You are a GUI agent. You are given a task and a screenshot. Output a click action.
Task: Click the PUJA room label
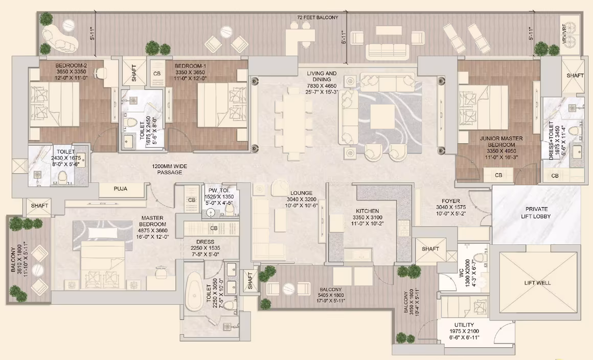[121, 189]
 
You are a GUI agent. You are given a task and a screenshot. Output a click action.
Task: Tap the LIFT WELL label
[537, 283]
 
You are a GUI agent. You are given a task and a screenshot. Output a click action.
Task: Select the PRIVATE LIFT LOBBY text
[536, 213]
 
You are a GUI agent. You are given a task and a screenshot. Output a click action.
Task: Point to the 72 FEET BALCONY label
[317, 17]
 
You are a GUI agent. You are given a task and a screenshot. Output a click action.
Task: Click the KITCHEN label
[367, 211]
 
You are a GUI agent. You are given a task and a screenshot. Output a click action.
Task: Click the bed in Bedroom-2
[55, 104]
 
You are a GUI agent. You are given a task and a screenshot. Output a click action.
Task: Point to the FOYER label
[451, 201]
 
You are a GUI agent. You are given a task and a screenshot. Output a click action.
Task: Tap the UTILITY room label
[464, 325]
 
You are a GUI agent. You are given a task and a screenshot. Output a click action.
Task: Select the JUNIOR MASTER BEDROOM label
[501, 142]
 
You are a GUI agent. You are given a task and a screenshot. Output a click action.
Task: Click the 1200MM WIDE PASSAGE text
[169, 169]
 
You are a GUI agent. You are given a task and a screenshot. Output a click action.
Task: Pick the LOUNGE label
[302, 193]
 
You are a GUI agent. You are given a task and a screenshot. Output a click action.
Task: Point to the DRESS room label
[206, 242]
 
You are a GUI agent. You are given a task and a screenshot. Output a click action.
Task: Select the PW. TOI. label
[219, 191]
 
